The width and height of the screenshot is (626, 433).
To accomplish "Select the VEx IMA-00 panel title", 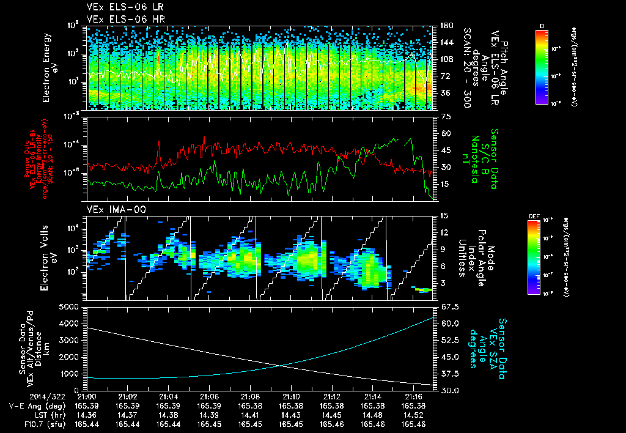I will click(109, 209).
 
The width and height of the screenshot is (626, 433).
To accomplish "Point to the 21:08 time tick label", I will click(250, 396).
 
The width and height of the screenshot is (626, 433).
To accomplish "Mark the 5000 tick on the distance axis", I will click(70, 306).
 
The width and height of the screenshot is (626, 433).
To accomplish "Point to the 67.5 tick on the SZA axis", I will click(444, 306).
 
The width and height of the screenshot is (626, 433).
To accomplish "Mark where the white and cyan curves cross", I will click(281, 366).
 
